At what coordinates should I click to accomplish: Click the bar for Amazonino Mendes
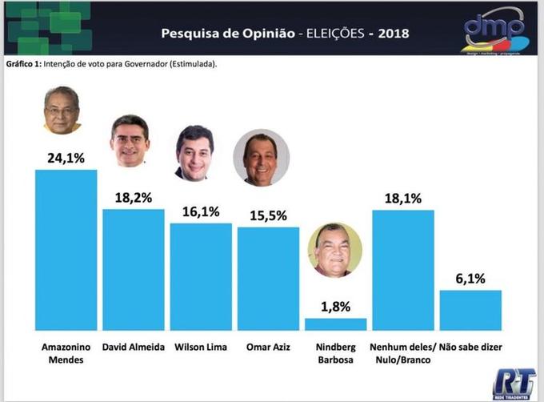coord(66,250)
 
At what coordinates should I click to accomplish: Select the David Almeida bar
coord(134,270)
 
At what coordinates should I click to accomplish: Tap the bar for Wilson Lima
coord(201,276)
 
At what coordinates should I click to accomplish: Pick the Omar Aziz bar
coord(268,279)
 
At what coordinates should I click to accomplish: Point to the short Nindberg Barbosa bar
coord(335,324)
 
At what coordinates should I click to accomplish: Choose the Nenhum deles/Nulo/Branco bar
coord(403,270)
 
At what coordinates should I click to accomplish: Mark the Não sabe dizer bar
coord(470,310)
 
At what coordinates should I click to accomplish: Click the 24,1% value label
coord(66,158)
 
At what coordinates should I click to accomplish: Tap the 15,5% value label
coord(268,215)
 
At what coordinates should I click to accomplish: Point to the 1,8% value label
coord(335,306)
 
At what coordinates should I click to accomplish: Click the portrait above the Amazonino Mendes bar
coord(62,111)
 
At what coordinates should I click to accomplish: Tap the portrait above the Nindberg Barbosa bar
coord(334,250)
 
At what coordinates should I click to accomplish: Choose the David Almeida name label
coord(134,348)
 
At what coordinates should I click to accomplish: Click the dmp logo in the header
coord(494,30)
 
